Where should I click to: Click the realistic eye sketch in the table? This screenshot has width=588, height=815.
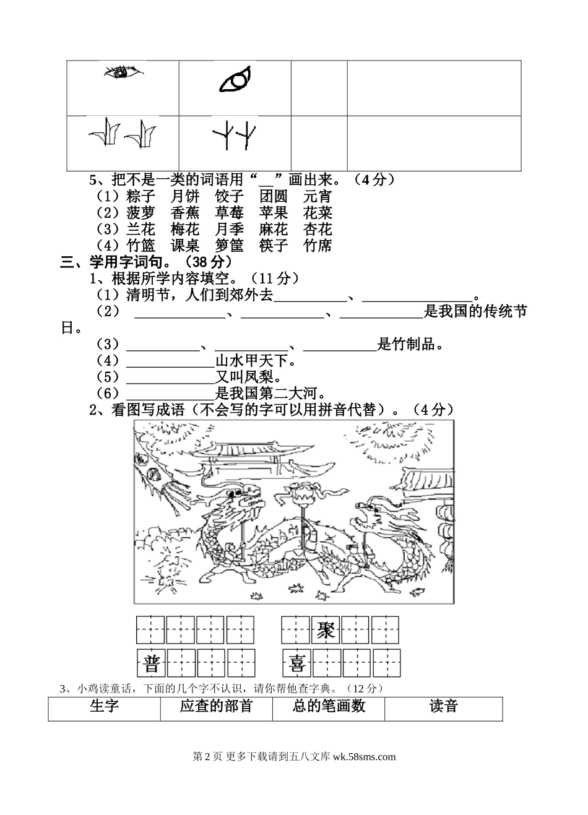tap(124, 73)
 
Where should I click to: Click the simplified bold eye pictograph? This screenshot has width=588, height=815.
tap(236, 80)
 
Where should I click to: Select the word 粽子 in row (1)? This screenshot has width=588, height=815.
tap(141, 197)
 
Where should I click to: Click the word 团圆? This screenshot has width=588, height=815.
tap(274, 197)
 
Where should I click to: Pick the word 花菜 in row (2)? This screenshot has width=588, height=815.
tap(318, 213)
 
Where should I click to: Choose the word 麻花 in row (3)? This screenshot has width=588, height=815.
tap(274, 230)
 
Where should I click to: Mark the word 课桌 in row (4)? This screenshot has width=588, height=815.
tap(185, 246)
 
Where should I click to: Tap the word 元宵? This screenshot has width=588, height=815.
tap(318, 197)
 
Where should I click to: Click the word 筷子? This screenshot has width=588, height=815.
tap(274, 246)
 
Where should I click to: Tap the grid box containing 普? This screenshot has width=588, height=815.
tap(151, 664)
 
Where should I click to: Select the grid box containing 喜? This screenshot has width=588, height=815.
tap(296, 664)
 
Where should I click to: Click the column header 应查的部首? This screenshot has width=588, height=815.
tap(216, 707)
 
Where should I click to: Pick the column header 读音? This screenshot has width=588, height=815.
tap(443, 707)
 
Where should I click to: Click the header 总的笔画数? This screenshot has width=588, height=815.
tap(329, 707)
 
